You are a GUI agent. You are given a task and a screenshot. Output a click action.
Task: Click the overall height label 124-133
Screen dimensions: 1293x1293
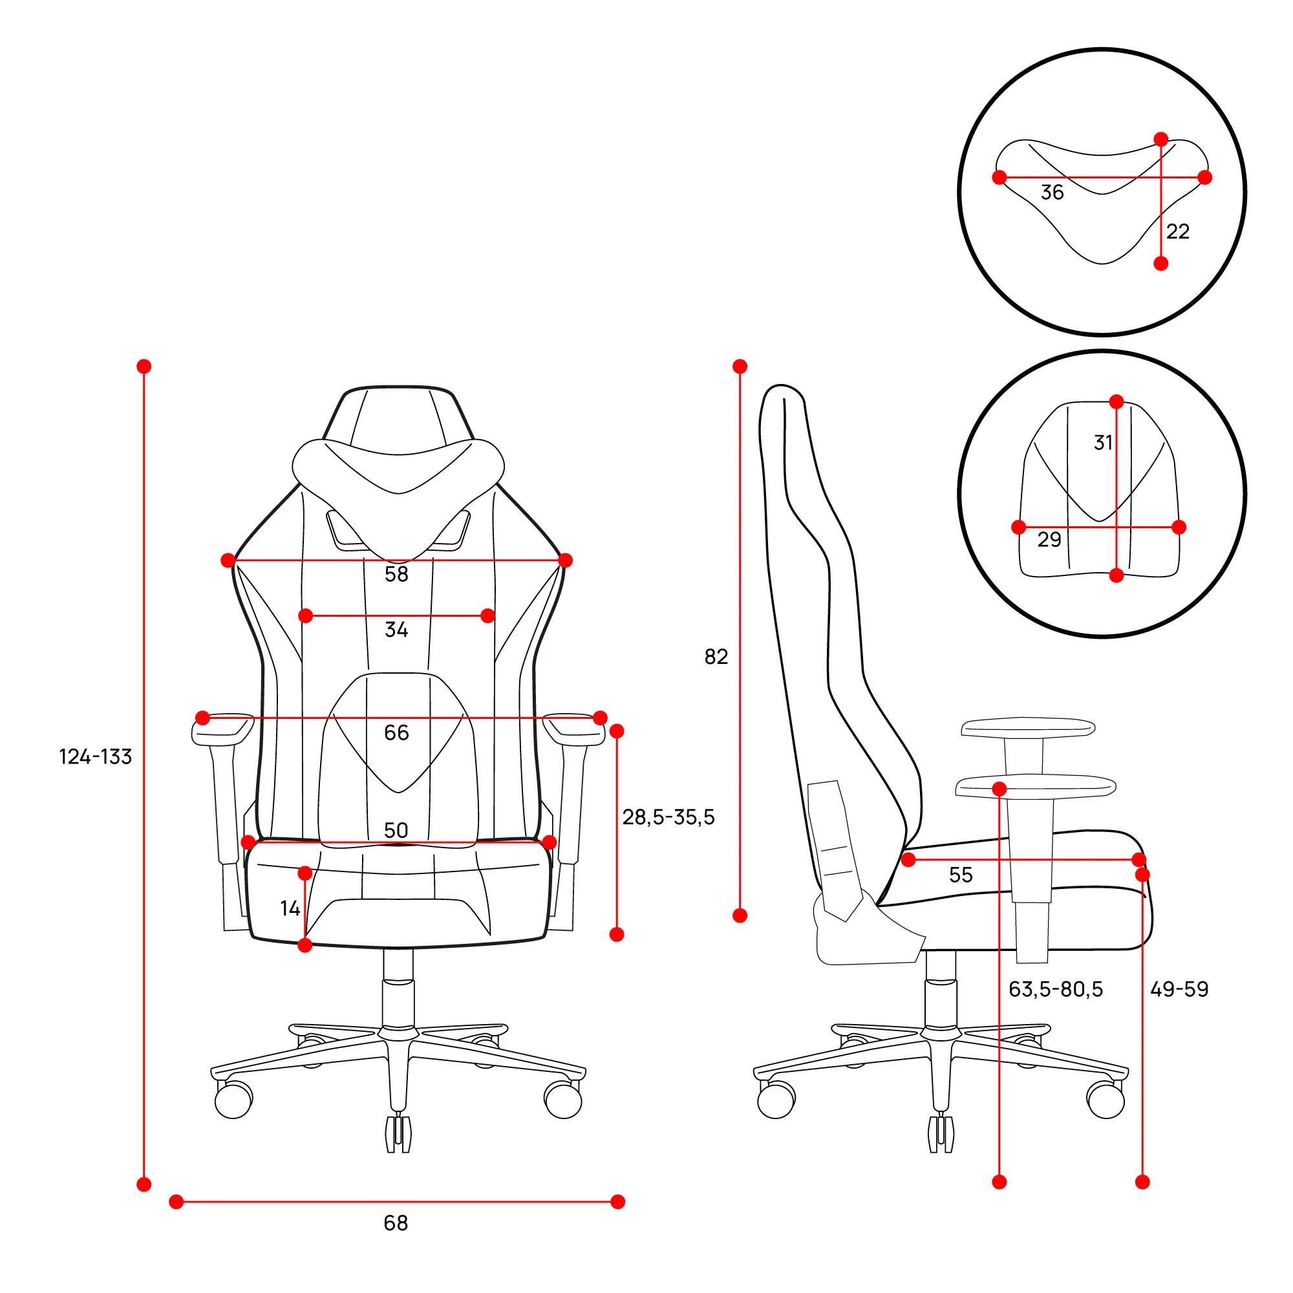click(x=96, y=757)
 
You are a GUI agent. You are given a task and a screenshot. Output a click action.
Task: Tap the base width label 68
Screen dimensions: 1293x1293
click(x=396, y=1223)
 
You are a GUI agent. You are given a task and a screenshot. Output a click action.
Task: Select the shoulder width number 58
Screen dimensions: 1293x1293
click(x=396, y=574)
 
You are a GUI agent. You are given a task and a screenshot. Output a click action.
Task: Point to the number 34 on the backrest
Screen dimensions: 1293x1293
click(x=396, y=630)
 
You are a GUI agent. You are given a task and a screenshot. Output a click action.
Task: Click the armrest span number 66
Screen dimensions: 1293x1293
click(x=396, y=733)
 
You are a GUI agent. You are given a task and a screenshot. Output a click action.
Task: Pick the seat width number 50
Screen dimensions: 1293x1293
click(x=396, y=831)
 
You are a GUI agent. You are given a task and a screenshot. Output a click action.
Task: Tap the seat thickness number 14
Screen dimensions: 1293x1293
click(x=290, y=908)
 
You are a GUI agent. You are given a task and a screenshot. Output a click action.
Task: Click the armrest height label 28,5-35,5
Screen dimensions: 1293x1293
click(x=668, y=817)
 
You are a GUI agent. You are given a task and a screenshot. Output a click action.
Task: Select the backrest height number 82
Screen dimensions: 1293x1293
click(x=716, y=657)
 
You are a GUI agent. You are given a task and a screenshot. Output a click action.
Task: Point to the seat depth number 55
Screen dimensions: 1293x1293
click(x=961, y=875)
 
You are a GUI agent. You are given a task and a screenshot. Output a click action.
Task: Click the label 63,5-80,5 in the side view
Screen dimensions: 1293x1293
click(x=1056, y=989)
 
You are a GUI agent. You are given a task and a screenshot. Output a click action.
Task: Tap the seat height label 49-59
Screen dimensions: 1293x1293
click(x=1180, y=989)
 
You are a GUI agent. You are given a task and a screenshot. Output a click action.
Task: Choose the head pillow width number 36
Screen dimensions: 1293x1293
click(x=1052, y=193)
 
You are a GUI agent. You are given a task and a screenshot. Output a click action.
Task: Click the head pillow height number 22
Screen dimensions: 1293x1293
click(x=1178, y=231)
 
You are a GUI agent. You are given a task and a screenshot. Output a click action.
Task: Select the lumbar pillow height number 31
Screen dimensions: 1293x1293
click(x=1104, y=442)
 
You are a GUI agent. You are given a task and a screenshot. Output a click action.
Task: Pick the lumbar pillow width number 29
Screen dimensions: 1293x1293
click(x=1049, y=539)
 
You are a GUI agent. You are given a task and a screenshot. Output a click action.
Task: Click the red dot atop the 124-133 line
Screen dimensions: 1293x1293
click(x=144, y=366)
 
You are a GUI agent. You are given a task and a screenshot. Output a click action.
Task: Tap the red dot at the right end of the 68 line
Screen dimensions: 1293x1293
click(x=617, y=1202)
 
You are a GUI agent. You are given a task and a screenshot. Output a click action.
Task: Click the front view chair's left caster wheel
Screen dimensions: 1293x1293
click(x=233, y=1099)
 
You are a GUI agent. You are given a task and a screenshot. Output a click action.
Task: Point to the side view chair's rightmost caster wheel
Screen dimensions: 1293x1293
click(x=1106, y=1099)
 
